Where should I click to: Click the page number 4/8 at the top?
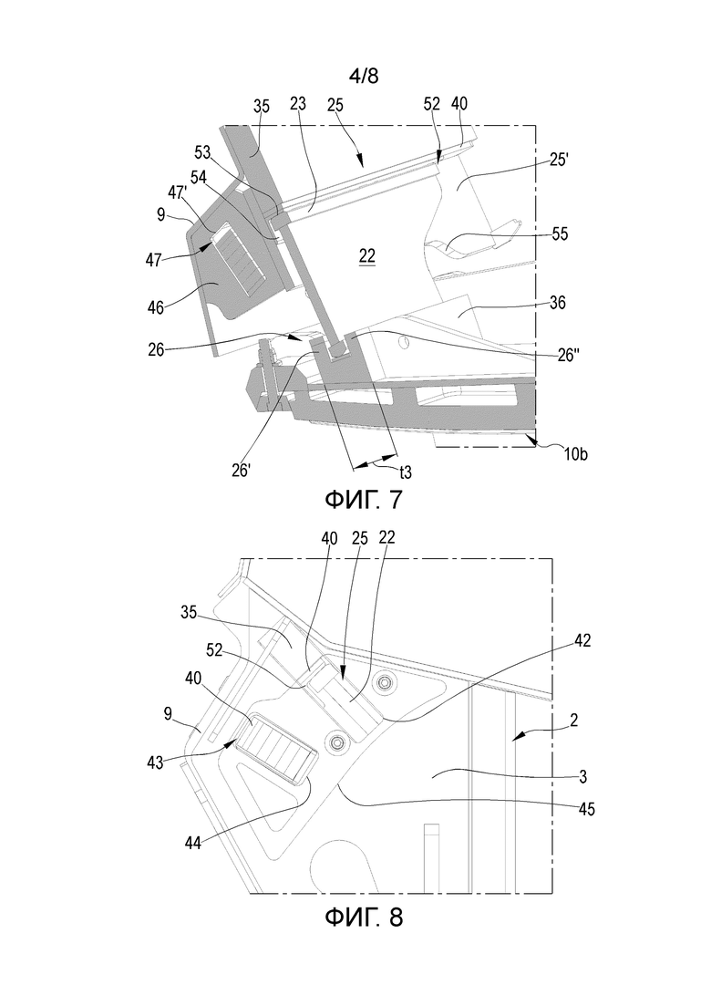point(364,76)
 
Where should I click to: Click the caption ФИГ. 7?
point(364,499)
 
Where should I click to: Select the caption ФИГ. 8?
point(364,917)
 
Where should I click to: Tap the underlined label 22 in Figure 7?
point(367,256)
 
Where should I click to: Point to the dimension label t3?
point(406,472)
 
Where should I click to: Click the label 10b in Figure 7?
point(575,454)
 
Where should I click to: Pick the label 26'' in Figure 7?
point(570,355)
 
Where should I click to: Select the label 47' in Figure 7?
point(177,193)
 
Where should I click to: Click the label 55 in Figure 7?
point(560,234)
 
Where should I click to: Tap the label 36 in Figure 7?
point(558,302)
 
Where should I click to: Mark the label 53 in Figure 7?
point(203,153)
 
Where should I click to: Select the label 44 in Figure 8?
point(192,843)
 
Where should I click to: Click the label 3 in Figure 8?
point(582,778)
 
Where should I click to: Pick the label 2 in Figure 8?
point(573,720)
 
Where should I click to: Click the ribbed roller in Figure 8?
point(275,750)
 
